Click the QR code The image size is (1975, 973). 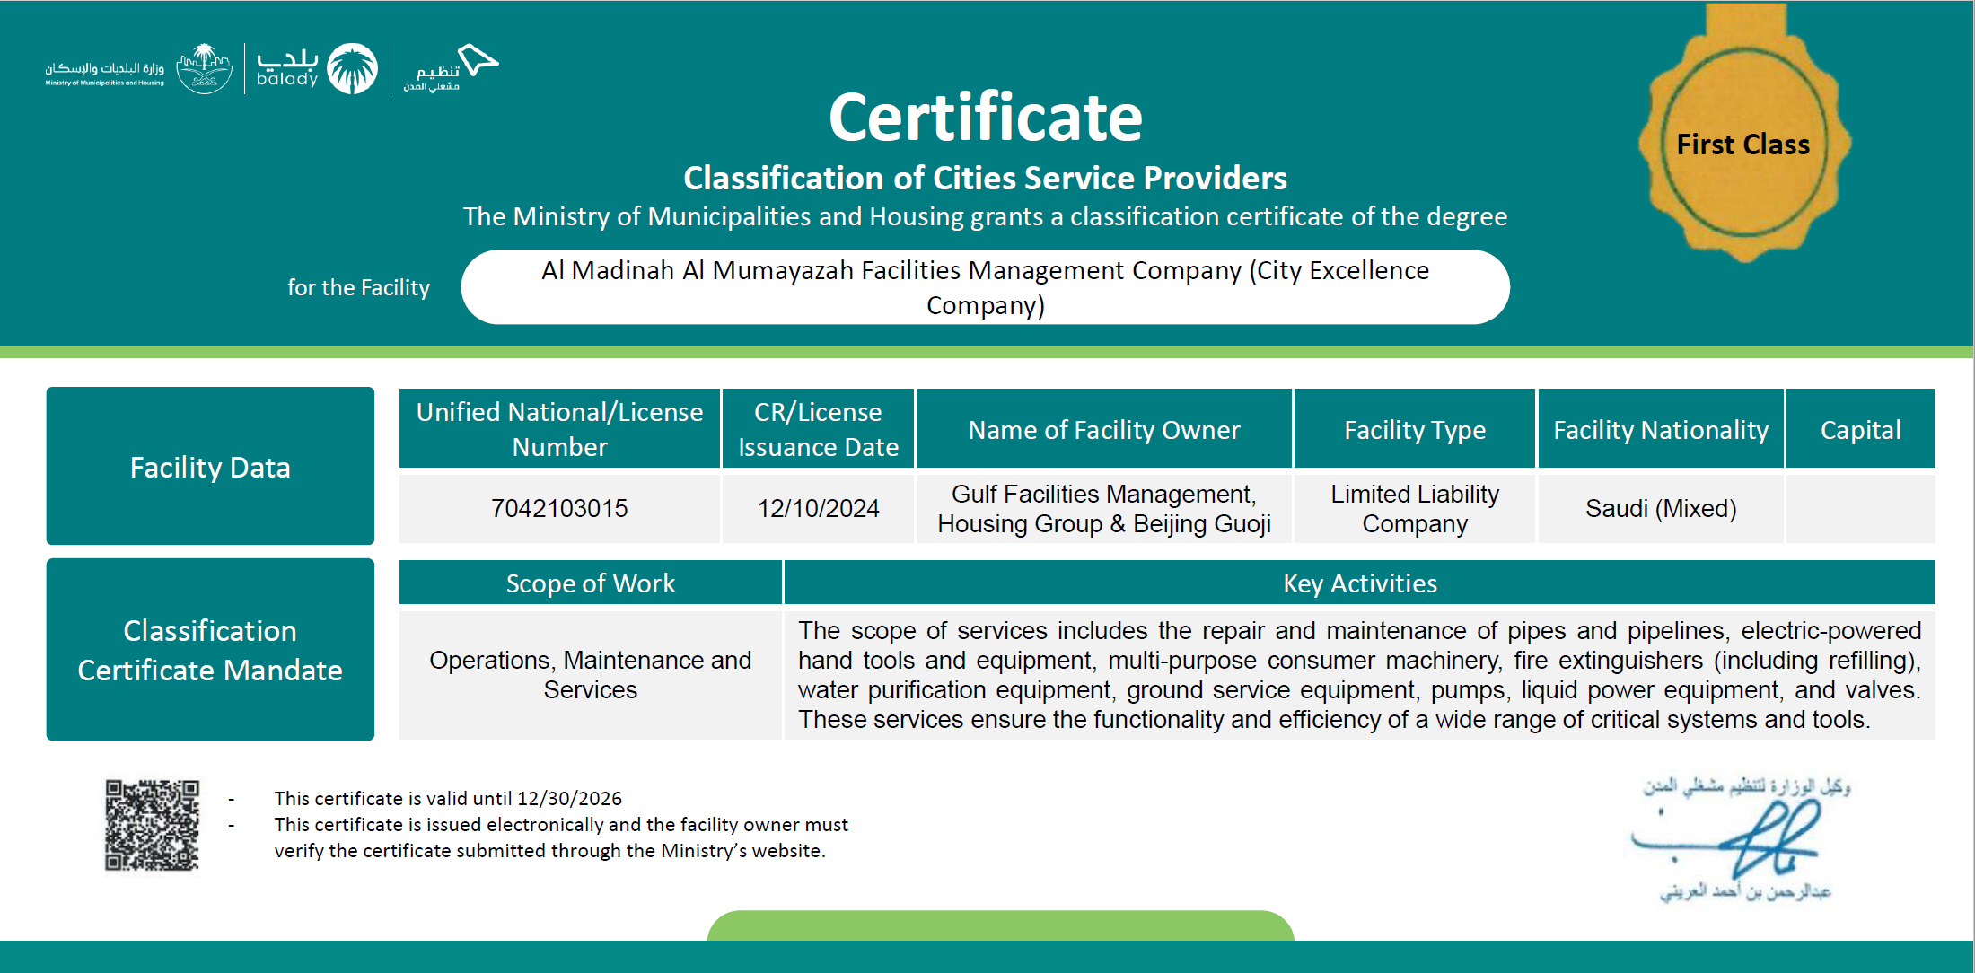pos(152,825)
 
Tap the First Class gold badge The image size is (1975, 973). pos(1743,144)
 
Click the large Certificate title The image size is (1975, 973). pos(985,118)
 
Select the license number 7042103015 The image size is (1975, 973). pos(559,508)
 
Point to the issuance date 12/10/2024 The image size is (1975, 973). pos(818,508)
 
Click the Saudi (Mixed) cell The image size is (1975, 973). pos(1660,508)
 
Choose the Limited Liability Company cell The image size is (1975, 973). pos(1414,508)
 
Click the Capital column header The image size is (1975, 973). pos(1860,430)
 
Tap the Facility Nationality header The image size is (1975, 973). pos(1660,430)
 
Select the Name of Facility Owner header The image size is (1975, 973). pos(1103,430)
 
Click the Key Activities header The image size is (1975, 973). pos(1359,583)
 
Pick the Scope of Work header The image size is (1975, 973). pos(590,583)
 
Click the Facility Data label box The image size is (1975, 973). pos(210,467)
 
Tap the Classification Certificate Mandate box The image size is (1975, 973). pos(210,650)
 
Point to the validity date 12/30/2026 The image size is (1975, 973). pos(569,798)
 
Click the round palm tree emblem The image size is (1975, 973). pos(352,68)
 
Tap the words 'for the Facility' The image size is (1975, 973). pos(358,287)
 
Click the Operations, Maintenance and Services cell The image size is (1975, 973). pos(590,675)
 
